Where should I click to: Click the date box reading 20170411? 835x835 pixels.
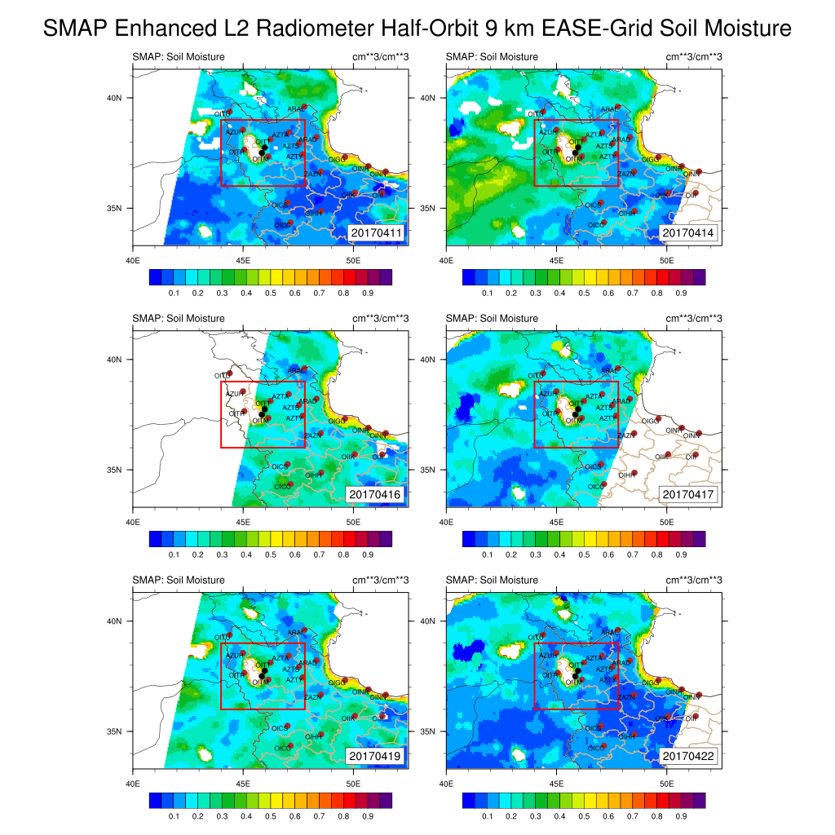click(x=377, y=233)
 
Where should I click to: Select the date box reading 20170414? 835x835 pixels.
click(x=689, y=233)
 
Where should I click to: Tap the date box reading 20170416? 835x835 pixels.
click(x=377, y=494)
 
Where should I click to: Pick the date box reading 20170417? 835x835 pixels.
click(x=689, y=494)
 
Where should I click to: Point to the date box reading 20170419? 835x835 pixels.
click(x=377, y=756)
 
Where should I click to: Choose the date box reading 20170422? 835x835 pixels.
click(x=689, y=756)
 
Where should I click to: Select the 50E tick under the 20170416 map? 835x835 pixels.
click(x=353, y=521)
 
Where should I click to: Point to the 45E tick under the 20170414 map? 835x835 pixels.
click(x=556, y=259)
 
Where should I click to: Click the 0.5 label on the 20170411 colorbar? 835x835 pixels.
click(x=270, y=291)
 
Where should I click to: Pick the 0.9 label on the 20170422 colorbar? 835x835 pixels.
click(x=681, y=815)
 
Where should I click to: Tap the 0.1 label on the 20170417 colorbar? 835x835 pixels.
click(x=487, y=553)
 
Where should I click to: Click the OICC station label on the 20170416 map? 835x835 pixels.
click(x=281, y=486)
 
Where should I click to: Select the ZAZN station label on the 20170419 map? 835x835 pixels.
click(x=311, y=697)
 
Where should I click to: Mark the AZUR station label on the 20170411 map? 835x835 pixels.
click(x=232, y=131)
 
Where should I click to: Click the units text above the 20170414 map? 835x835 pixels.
click(x=695, y=56)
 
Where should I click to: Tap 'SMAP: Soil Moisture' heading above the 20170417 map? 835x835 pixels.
click(x=492, y=318)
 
